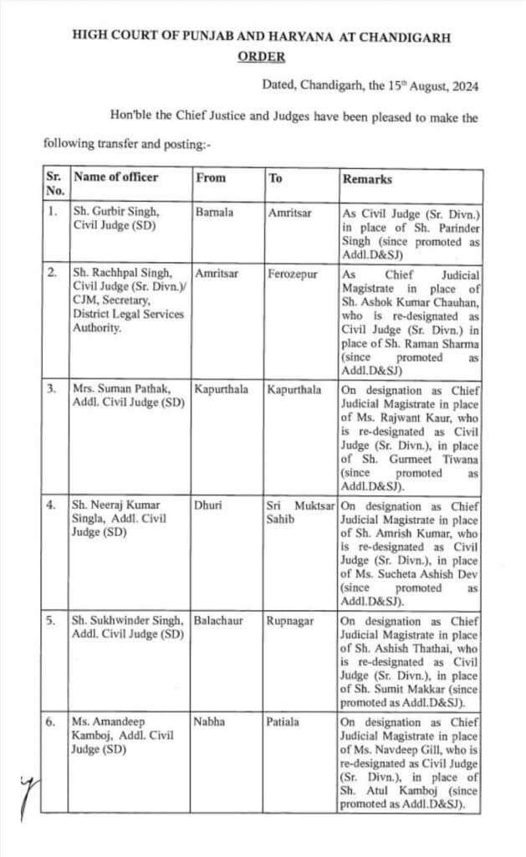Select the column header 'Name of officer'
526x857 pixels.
[115, 177]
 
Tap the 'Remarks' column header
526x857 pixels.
[366, 179]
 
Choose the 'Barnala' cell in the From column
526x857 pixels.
[214, 212]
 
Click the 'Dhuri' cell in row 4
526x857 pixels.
[208, 505]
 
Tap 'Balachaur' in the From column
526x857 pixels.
[218, 621]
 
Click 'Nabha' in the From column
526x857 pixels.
[209, 721]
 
